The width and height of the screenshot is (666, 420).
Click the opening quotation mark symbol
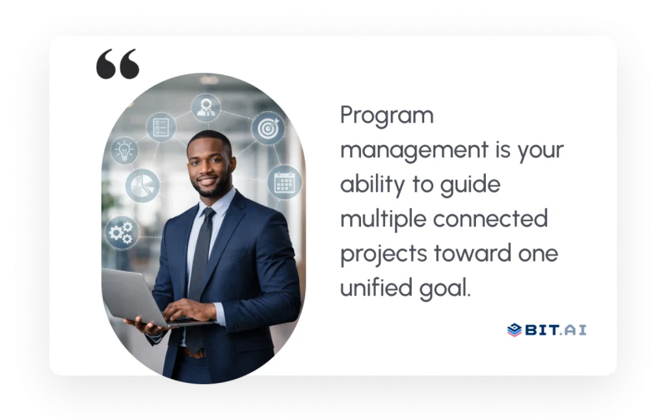[118, 64]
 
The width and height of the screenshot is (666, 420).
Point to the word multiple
[382, 219]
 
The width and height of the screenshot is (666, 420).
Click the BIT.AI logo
[546, 330]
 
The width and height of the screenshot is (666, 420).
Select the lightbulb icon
[124, 151]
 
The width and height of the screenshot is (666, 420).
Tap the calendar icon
[284, 182]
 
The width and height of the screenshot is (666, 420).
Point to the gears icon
[122, 233]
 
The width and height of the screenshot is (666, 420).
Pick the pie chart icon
[142, 185]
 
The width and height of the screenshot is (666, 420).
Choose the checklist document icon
[160, 126]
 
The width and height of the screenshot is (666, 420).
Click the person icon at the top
[206, 107]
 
